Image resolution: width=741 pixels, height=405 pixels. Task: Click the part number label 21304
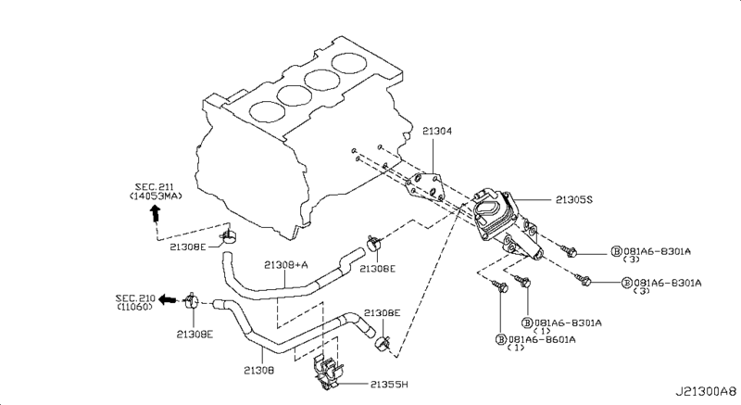click(x=436, y=131)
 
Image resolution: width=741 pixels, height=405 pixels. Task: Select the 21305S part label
click(x=573, y=200)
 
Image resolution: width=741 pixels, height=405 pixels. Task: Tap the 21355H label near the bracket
click(x=388, y=385)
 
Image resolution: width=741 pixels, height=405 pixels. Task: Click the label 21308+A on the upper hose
click(x=286, y=265)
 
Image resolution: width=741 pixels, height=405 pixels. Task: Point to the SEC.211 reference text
click(x=154, y=187)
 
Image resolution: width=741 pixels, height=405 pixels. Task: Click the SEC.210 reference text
click(x=135, y=298)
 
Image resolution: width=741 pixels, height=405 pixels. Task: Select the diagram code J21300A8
click(x=706, y=392)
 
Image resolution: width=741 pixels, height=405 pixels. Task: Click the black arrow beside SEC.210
click(x=168, y=299)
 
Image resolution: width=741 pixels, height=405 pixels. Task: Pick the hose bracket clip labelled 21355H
click(x=328, y=373)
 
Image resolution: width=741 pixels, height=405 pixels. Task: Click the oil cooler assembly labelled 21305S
click(x=506, y=221)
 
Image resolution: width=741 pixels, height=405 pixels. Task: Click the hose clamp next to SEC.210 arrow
click(x=193, y=300)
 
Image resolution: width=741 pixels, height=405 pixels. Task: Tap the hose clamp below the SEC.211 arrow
click(x=229, y=235)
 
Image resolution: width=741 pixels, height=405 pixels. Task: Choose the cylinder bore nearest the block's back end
click(x=349, y=63)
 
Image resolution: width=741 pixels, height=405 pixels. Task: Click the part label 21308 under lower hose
click(x=258, y=370)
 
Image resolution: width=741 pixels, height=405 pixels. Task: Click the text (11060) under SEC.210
click(x=135, y=307)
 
